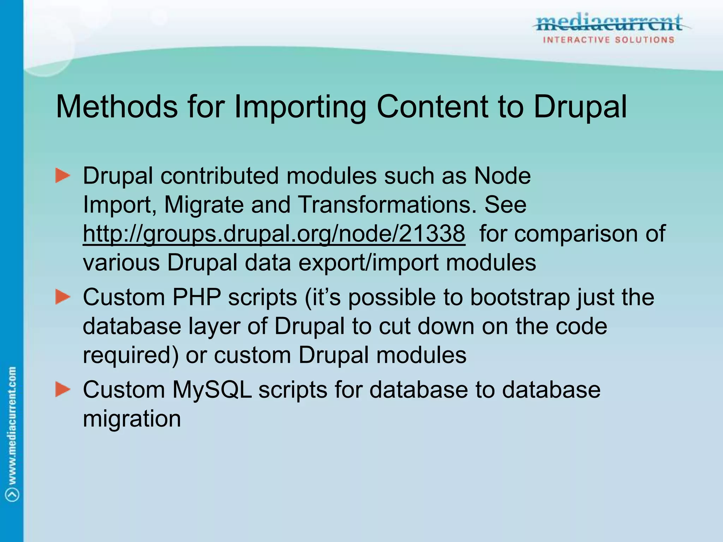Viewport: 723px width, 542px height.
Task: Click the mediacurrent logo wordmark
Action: (609, 23)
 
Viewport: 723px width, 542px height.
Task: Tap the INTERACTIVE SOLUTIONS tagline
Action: (609, 40)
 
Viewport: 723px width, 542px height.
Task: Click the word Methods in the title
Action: (117, 107)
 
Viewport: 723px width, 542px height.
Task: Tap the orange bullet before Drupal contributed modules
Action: (63, 176)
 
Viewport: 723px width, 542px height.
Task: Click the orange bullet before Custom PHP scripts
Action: (63, 297)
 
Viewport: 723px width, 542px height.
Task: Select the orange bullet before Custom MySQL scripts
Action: (63, 390)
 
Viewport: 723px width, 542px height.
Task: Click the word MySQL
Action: (212, 390)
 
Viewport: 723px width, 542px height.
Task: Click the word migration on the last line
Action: (132, 419)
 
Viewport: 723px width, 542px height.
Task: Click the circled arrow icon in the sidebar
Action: (12, 494)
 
